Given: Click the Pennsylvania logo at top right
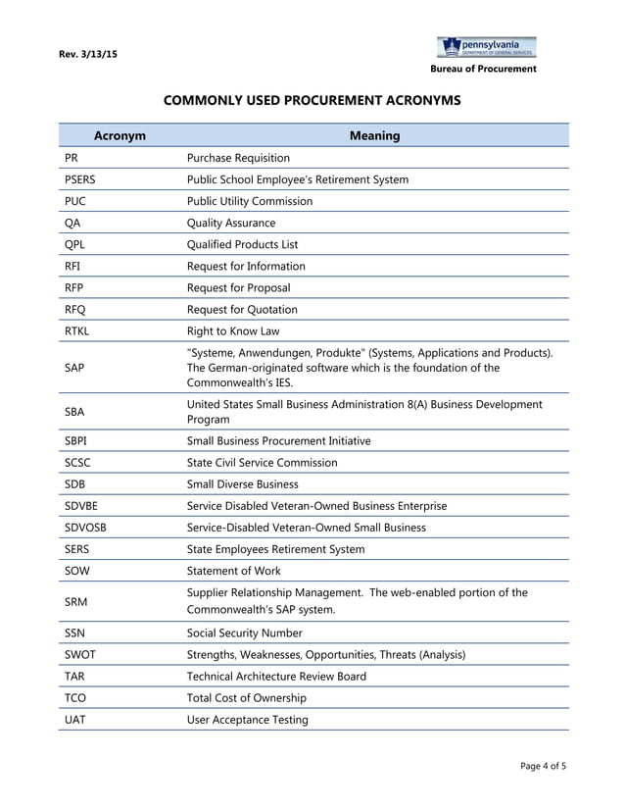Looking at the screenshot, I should point(486,48).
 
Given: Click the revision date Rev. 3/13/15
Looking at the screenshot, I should point(88,54).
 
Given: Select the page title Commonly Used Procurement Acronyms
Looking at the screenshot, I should point(312,100).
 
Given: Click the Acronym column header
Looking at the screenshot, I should point(120,135).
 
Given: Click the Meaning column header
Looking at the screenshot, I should point(374,135).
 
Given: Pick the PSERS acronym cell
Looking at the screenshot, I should point(79,179).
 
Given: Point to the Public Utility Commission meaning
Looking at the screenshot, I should point(249,201).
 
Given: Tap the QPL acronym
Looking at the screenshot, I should point(73,244).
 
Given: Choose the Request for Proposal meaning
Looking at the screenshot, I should point(238,287).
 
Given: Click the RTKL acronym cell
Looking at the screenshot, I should point(76,330).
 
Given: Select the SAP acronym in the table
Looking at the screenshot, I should point(74,367).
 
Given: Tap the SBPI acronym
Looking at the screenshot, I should point(75,440).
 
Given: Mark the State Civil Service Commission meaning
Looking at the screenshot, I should point(262,462).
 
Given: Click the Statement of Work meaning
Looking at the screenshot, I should point(233,570).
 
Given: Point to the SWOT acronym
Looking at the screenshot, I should point(79,654).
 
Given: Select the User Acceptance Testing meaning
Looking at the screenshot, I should point(247,719).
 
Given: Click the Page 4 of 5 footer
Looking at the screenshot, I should point(543,765).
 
